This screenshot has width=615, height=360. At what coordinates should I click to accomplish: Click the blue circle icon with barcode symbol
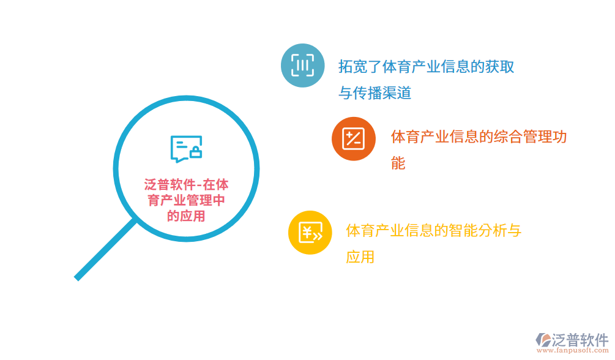coord(302,65)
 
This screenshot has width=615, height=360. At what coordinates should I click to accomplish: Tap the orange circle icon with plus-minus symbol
coord(353,138)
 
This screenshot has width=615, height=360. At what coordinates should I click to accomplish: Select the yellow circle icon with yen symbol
coord(310,232)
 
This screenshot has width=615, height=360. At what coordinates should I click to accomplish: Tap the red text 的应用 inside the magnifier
coord(186,216)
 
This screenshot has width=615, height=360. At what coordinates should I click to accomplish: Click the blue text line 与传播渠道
coord(375,93)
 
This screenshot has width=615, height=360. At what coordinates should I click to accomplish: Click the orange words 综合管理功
coord(523,137)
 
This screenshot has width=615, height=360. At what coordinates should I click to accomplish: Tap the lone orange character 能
coord(398,163)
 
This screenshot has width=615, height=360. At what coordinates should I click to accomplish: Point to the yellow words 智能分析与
coord(485,231)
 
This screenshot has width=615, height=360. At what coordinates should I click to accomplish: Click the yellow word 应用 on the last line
coord(360,257)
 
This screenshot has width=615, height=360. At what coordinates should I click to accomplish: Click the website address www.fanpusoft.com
coord(572,351)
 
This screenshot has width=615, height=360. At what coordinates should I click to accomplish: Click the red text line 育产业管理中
coord(186,200)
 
